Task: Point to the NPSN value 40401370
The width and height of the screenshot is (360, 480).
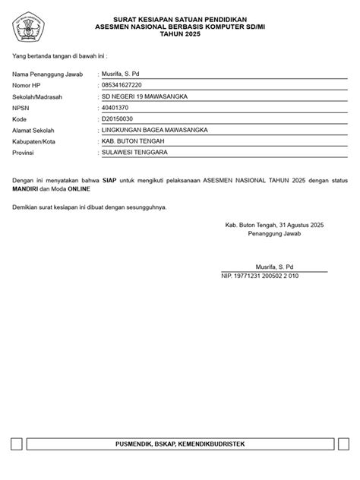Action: click(118, 108)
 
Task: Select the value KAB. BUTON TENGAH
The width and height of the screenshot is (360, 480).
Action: click(132, 141)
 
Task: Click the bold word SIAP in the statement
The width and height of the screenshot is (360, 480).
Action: click(109, 179)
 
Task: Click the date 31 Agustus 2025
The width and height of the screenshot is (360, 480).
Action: click(302, 226)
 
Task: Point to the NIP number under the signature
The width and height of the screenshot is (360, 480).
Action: click(261, 276)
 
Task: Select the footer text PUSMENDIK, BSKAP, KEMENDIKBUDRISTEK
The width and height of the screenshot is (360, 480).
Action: click(179, 443)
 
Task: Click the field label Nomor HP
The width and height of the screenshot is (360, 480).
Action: click(27, 85)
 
